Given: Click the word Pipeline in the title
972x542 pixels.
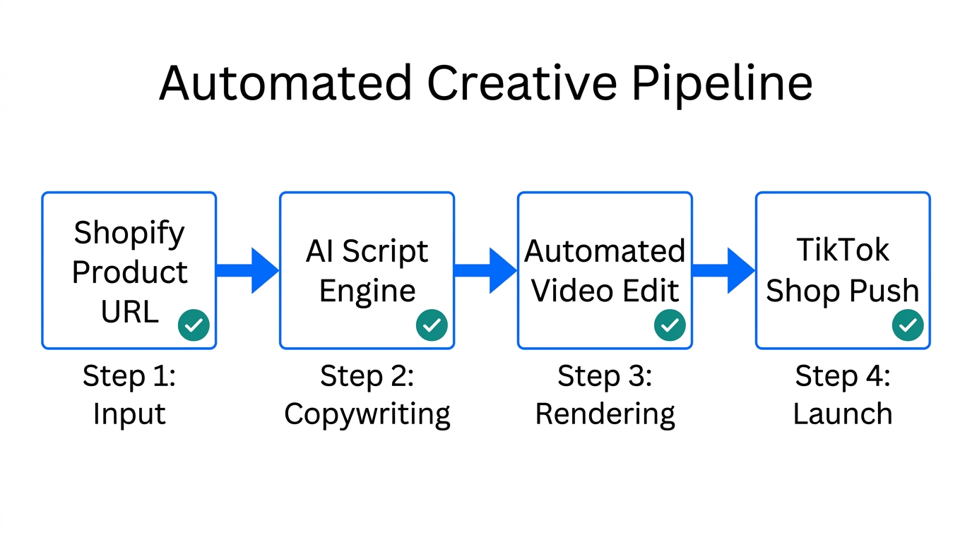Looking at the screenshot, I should tap(721, 84).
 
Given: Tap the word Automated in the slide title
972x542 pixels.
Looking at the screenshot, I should tap(285, 83).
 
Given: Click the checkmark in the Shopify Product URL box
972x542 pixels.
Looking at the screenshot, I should tap(194, 325).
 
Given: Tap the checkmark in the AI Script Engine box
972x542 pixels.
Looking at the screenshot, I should tap(432, 325).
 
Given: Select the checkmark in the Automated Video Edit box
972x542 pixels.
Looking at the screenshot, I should tap(670, 325).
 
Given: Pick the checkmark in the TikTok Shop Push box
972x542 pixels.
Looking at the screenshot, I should tap(908, 325).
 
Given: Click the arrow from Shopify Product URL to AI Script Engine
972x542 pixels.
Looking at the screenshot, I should tap(248, 270).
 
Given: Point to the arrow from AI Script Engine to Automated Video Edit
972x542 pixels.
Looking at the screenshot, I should tap(486, 270).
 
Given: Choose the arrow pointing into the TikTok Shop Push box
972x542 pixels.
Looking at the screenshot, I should tap(724, 270).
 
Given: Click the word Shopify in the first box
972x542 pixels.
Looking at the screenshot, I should tap(129, 233).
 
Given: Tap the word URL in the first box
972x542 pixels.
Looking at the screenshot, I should tap(129, 311).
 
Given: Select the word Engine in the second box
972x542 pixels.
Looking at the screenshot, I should tap(367, 291).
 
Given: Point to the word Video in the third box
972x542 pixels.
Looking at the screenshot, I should tap(565, 291).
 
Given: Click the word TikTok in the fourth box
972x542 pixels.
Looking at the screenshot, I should tap(843, 251).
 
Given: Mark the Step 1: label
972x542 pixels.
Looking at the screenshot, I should tap(129, 376).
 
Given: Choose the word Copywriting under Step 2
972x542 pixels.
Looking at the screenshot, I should tap(367, 414).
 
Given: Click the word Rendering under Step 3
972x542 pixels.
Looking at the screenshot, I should tap(605, 414).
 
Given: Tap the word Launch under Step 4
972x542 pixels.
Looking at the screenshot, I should tap(843, 414).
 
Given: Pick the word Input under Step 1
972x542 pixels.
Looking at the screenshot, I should tap(129, 414).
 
